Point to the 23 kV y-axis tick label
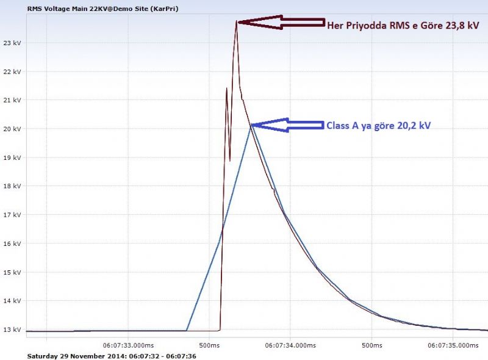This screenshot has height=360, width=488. [x=12, y=43]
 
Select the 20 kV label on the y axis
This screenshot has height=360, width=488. [x=12, y=129]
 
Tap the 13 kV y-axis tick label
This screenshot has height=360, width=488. [x=12, y=329]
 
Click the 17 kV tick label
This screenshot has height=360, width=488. [x=12, y=215]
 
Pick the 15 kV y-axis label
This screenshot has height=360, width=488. [x=12, y=272]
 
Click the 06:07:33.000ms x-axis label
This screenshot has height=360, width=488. [x=128, y=345]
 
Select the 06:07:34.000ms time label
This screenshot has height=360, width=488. [x=290, y=345]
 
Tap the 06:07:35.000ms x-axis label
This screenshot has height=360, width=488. [x=453, y=345]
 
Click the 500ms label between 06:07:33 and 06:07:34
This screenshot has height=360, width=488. [x=209, y=345]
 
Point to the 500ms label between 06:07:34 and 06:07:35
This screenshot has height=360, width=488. [x=372, y=345]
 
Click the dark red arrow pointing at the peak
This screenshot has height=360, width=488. [x=280, y=22]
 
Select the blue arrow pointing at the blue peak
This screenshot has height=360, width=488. [x=287, y=125]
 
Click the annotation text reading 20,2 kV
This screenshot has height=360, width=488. [x=414, y=125]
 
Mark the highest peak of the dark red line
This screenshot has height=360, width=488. [x=237, y=21]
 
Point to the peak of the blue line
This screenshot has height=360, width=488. [x=251, y=125]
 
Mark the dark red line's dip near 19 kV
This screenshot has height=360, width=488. [x=230, y=160]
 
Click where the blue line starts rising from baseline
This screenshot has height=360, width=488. [x=186, y=331]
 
